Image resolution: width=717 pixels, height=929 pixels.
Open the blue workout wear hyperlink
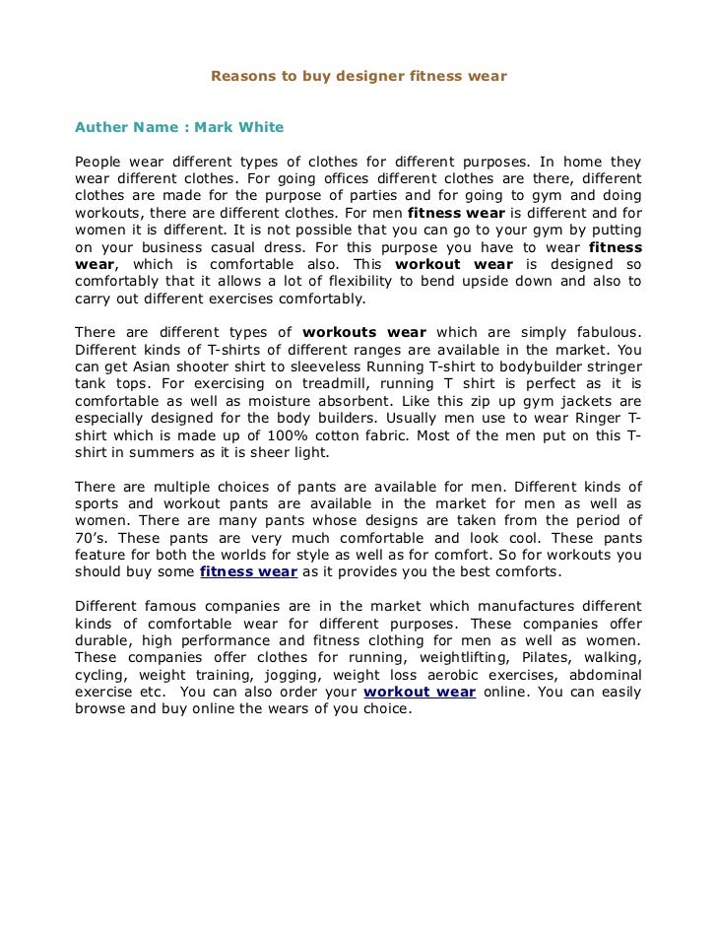point(420,692)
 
